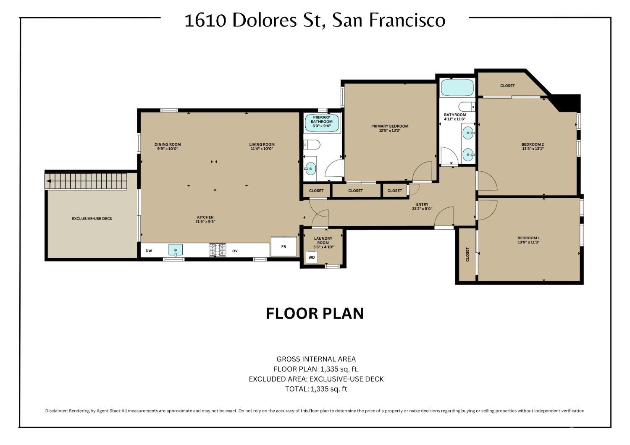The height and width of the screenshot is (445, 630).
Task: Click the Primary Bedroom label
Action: [390, 126]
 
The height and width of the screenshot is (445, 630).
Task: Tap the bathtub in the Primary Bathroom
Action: [322, 123]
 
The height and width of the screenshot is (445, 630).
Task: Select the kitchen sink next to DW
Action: [175, 250]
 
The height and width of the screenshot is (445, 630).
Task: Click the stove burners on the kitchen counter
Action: [217, 250]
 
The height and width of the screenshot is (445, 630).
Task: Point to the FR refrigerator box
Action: [284, 246]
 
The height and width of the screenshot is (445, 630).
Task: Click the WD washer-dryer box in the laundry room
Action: [312, 257]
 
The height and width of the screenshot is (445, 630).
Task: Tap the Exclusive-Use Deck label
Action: [92, 218]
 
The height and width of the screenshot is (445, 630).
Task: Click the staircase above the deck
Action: [86, 181]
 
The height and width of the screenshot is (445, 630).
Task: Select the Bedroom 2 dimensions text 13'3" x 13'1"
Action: [533, 149]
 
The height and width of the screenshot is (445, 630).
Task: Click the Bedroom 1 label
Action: [528, 238]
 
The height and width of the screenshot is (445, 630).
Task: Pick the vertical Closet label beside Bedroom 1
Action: [467, 254]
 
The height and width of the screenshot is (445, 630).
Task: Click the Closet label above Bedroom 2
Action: [507, 86]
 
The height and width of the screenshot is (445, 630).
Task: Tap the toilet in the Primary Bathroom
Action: [312, 145]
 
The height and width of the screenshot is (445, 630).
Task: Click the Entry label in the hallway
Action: [422, 204]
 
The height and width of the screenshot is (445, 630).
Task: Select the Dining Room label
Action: [168, 144]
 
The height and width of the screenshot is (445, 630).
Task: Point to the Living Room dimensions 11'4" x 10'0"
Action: [262, 149]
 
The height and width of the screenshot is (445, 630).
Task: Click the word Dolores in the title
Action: [265, 21]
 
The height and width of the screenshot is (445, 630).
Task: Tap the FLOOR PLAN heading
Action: [315, 314]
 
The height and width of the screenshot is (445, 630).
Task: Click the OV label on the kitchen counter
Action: [235, 251]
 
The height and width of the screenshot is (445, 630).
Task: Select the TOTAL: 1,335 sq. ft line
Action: [316, 389]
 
